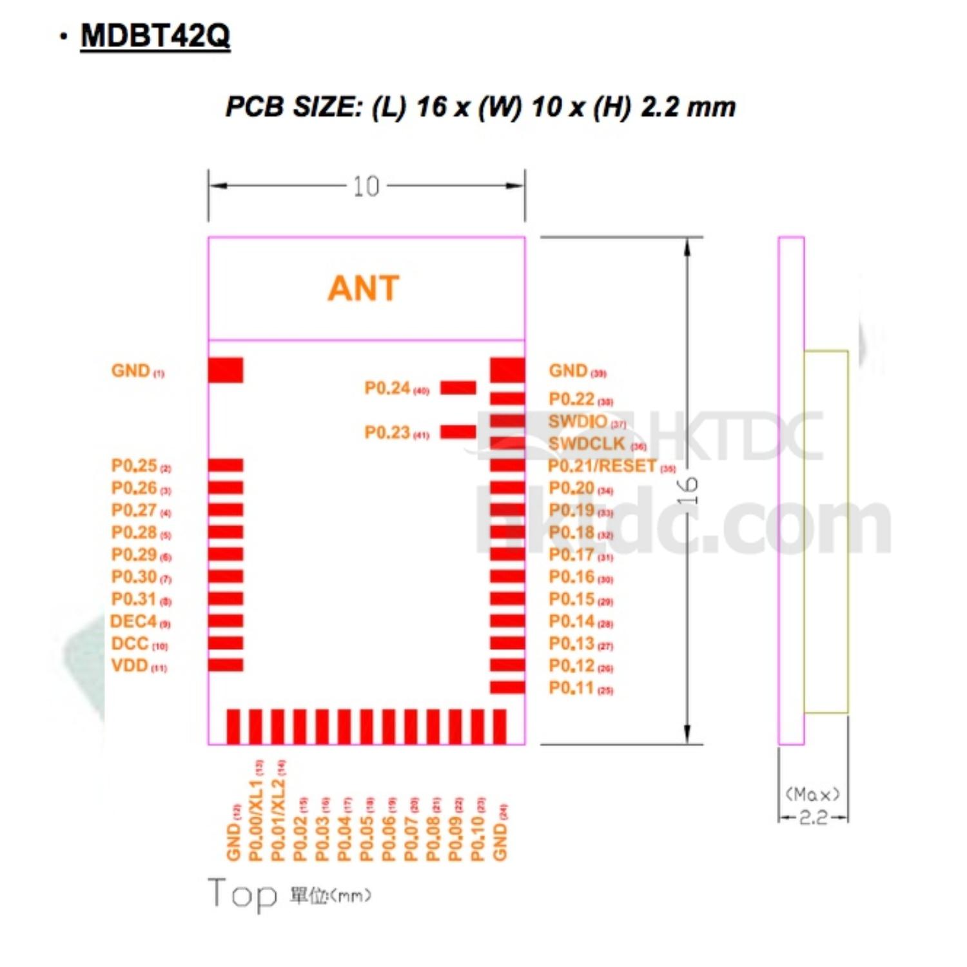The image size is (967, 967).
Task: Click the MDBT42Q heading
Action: [x=155, y=35]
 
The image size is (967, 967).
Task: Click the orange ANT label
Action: [x=364, y=288]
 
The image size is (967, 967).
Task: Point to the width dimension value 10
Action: [x=366, y=187]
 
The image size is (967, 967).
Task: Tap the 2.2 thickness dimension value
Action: [x=813, y=817]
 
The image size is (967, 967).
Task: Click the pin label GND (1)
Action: [x=137, y=371]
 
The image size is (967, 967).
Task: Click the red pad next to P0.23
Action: [x=458, y=432]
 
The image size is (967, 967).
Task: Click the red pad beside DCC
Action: [x=226, y=643]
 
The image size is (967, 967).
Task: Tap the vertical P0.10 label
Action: [x=478, y=831]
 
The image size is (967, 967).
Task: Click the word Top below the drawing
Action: [x=242, y=894]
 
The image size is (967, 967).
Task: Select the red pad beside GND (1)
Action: [x=226, y=370]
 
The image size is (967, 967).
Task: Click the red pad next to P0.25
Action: [x=226, y=465]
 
